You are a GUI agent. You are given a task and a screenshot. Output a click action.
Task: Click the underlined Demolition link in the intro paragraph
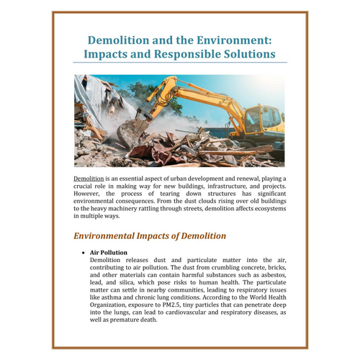90,178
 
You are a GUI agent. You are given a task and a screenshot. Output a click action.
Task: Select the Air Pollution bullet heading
109,252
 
